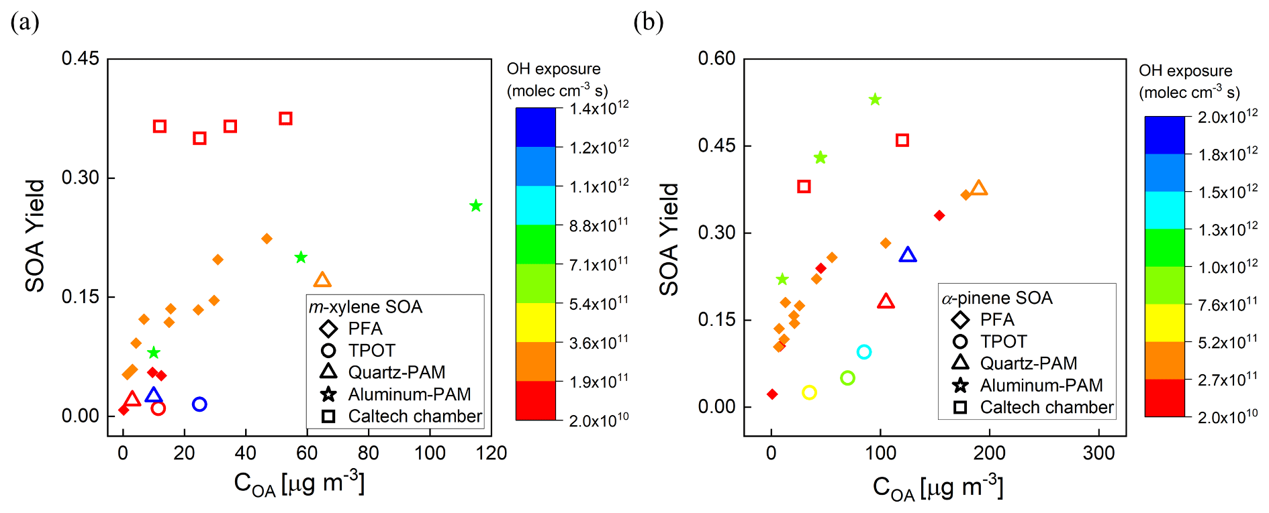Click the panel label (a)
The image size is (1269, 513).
click(x=25, y=22)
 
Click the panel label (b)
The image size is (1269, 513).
click(x=648, y=22)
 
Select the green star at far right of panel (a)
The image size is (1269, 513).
click(x=476, y=206)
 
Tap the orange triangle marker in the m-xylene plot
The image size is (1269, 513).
click(x=322, y=280)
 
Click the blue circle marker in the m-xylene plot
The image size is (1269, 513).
click(x=199, y=404)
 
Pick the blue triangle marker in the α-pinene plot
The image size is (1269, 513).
click(x=908, y=255)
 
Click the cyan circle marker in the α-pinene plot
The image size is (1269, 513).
click(x=864, y=352)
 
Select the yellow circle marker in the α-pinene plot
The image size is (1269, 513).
click(x=810, y=392)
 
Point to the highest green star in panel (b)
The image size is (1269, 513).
click(x=875, y=100)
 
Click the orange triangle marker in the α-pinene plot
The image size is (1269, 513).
click(x=979, y=188)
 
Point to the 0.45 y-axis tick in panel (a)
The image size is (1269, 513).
click(x=80, y=59)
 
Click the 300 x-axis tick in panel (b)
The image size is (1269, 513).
click(x=1098, y=453)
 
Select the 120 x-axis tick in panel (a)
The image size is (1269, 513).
click(x=491, y=453)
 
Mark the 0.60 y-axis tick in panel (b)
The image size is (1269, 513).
click(x=716, y=59)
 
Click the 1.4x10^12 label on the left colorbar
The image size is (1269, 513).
click(x=599, y=108)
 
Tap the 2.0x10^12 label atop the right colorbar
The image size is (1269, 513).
click(x=1228, y=117)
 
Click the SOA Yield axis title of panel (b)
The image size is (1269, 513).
click(x=669, y=239)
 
